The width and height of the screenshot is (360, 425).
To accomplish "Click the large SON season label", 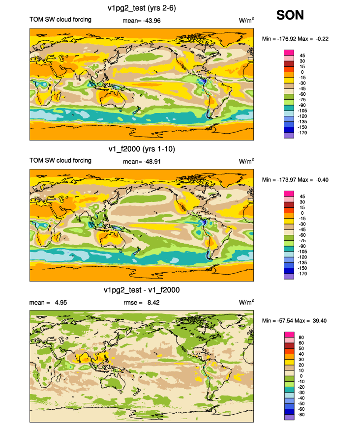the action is tap(290, 15).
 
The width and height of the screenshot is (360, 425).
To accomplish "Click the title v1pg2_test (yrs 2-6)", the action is tap(142, 8).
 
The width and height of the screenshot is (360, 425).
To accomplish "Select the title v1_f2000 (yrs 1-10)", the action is tap(142, 149).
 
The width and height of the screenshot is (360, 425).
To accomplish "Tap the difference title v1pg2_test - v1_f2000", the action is tap(142, 290).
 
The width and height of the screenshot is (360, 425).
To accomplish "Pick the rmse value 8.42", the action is tap(153, 303).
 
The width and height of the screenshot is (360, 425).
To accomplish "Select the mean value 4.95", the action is tap(61, 303).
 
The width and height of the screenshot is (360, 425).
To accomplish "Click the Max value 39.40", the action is tap(320, 321).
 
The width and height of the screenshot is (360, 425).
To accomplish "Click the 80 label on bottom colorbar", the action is tap(301, 338).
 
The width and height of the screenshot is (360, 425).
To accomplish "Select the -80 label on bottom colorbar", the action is tap(301, 415).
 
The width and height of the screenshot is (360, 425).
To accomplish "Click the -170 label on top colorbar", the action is tap(302, 133).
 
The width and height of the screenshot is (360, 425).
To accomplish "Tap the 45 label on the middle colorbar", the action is tap(302, 197).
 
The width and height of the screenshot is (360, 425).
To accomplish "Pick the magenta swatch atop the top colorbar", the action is tap(289, 53).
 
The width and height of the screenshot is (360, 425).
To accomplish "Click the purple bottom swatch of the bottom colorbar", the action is tap(289, 418).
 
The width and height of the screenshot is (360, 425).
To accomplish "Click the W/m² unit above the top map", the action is tap(246, 20).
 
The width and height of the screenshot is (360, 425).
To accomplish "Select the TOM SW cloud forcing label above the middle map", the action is tap(60, 161).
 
